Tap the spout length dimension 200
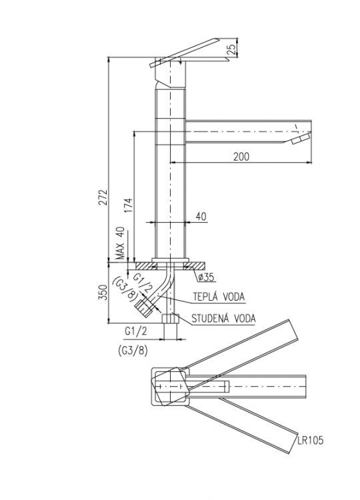[241, 157]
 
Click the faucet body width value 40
[202, 216]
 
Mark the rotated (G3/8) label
[125, 289]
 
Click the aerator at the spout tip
[301, 139]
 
